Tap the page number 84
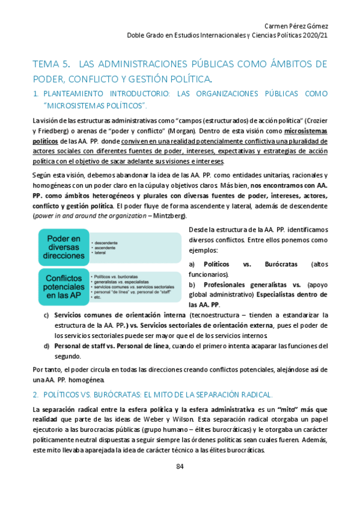point(180,467)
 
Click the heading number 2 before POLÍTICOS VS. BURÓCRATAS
point(35,395)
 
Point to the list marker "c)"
point(46,315)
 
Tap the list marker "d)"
point(46,345)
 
